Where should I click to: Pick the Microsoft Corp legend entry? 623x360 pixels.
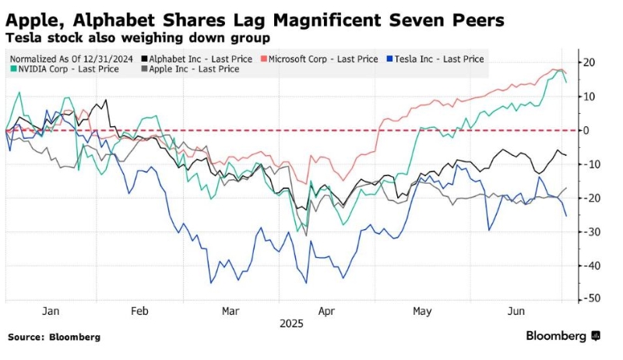[322, 59]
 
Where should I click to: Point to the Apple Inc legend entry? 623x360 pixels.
[182, 69]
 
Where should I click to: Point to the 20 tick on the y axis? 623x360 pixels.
[591, 62]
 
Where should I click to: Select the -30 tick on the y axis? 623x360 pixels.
[591, 231]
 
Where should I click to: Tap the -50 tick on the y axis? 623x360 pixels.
[591, 298]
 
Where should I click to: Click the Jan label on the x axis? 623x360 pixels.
[51, 311]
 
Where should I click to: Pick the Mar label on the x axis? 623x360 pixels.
[230, 311]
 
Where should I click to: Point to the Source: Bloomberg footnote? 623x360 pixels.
[55, 337]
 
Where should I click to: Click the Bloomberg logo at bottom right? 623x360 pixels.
[562, 336]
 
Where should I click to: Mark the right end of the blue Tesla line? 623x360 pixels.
[566, 216]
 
